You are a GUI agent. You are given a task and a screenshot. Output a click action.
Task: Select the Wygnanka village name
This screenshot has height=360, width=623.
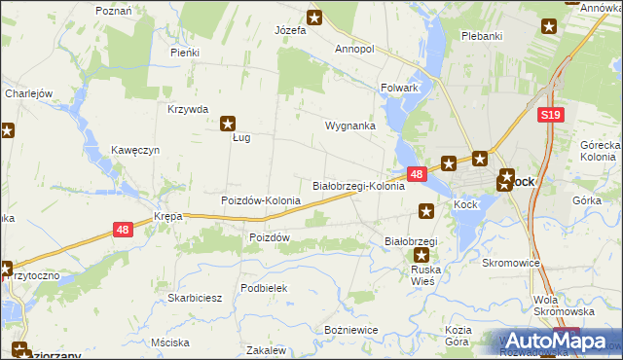pyautogui.click(x=350, y=126)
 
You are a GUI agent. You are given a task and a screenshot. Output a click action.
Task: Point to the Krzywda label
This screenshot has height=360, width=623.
pyautogui.click(x=188, y=110)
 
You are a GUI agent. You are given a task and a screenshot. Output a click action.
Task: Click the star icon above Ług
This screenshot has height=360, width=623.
pyautogui.click(x=229, y=124)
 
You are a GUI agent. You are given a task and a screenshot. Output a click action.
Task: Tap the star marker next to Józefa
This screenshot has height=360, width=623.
pyautogui.click(x=314, y=17)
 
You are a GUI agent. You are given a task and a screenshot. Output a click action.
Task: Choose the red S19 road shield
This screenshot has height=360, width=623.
pyautogui.click(x=550, y=115)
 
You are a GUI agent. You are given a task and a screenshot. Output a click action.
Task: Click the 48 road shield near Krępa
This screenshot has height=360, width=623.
pyautogui.click(x=122, y=230)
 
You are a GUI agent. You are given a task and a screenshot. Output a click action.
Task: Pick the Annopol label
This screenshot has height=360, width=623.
pyautogui.click(x=354, y=49)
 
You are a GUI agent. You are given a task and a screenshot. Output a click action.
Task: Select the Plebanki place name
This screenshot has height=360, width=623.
pyautogui.click(x=483, y=36)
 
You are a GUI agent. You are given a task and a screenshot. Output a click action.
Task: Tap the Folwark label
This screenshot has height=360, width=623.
pyautogui.click(x=399, y=88)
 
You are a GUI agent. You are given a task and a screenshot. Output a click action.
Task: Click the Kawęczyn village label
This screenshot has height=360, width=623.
pyautogui.click(x=134, y=151)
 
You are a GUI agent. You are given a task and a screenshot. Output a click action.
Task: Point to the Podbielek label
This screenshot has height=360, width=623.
pyautogui.click(x=264, y=288)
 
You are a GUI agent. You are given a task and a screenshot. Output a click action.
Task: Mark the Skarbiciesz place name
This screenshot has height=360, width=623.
pyautogui.click(x=196, y=298)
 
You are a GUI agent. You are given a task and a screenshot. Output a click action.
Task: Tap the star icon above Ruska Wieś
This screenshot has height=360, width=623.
pyautogui.click(x=421, y=255)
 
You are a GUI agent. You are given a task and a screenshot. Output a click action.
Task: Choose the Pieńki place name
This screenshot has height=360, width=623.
pyautogui.click(x=184, y=53)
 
